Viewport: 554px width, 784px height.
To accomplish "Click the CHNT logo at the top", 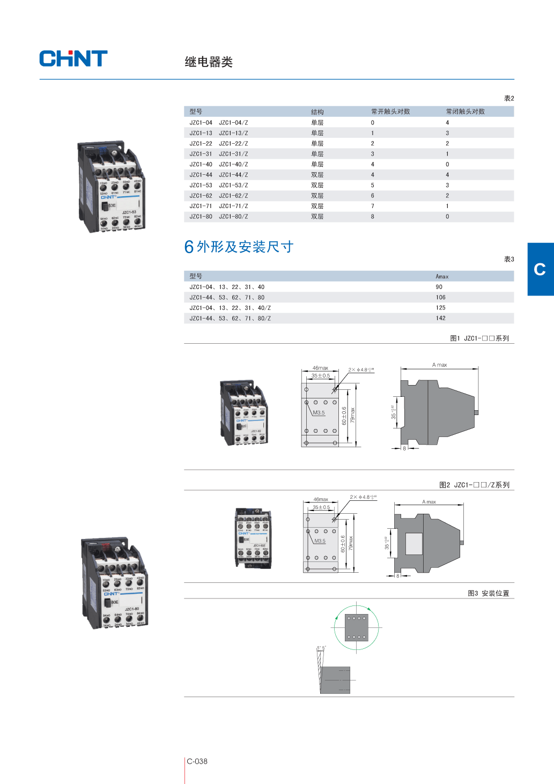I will coord(73,58).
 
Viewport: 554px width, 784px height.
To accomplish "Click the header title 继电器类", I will coord(209,62).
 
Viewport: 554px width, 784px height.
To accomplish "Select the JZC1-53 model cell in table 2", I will coord(201,186).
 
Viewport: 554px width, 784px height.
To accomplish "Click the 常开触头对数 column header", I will coord(390,112).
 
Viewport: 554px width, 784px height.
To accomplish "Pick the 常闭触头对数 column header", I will coord(465,112).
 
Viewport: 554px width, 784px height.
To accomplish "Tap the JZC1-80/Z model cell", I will coord(233,217).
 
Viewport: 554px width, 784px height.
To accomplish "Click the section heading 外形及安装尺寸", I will coord(245,247).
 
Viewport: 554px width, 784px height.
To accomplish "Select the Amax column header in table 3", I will coord(442,277).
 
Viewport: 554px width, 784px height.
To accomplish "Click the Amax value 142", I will coord(441,319).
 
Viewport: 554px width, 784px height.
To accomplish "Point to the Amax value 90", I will coord(439,287).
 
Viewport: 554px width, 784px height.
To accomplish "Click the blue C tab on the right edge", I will coord(540,269).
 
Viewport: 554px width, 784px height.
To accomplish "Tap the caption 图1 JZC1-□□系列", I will coord(479,338).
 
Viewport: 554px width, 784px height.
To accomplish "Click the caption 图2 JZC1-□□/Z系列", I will coord(474,485).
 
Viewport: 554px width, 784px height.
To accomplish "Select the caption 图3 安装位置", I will coord(488,593).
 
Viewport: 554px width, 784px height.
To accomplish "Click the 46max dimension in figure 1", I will coord(320,368).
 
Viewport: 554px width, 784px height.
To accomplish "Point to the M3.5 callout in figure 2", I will coord(320,541).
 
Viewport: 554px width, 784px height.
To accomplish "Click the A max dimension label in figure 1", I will coord(439,365).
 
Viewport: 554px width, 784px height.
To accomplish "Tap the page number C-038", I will coord(197,761).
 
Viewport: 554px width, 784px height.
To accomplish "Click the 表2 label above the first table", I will coord(508,99).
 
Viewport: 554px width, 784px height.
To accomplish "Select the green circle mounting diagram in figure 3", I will coord(357,627).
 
